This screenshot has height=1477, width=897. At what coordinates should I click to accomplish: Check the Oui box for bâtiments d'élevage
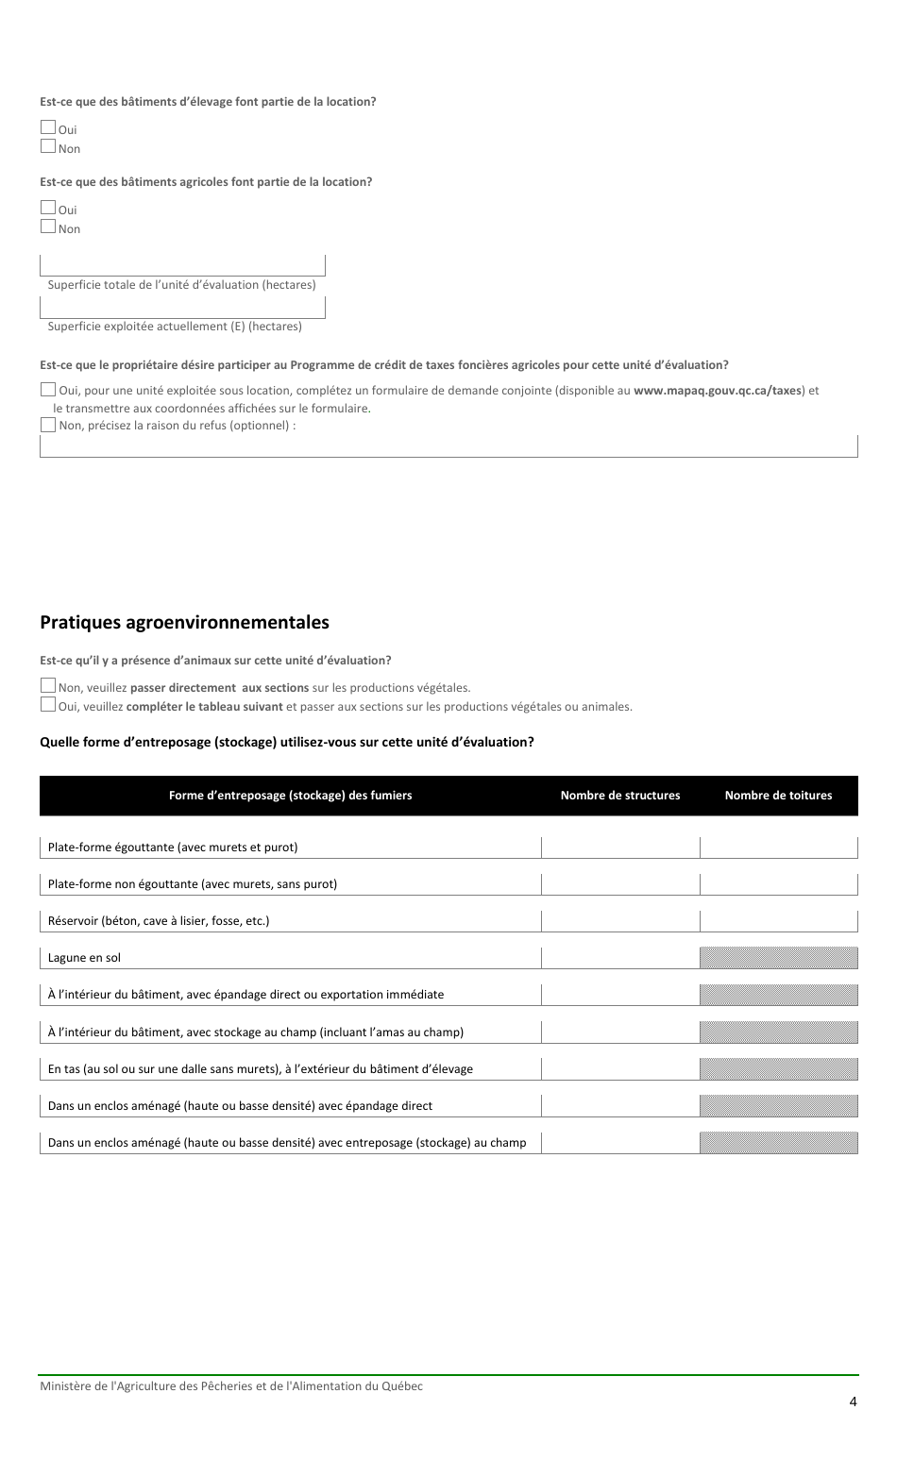pos(48,128)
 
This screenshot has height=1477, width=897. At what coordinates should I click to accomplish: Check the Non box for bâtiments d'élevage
pos(48,146)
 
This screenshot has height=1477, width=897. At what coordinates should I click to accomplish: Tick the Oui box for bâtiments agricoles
pos(48,208)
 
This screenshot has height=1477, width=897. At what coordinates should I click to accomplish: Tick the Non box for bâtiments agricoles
pos(48,227)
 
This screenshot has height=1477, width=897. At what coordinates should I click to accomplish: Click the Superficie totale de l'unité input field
pos(182,264)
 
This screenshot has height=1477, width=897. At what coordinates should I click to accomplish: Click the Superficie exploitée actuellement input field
pos(182,307)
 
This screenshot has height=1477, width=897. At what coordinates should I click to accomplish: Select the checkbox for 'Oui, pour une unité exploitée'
pos(48,389)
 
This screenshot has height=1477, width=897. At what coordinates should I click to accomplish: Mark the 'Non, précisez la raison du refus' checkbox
pos(48,425)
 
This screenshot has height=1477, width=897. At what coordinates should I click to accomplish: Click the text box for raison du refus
pos(448,446)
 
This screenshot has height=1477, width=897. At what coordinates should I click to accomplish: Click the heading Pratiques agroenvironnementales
pos(184,623)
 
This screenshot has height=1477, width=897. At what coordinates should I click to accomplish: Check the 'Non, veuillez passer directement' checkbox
pos(48,686)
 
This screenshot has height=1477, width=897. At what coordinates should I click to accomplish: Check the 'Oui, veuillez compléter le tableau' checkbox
pos(48,705)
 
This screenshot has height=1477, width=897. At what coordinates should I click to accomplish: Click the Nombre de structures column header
pos(619,796)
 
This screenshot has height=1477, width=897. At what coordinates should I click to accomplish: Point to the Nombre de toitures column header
pos(778,796)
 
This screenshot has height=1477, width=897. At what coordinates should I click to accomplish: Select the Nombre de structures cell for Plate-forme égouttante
pos(619,848)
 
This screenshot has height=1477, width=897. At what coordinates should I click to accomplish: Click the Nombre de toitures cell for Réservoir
pos(778,921)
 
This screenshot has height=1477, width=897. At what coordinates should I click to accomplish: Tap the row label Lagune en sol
pos(85,958)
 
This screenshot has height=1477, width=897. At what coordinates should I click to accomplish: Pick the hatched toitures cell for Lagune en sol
pos(778,958)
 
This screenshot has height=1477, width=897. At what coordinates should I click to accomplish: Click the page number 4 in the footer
pos(853,1401)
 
